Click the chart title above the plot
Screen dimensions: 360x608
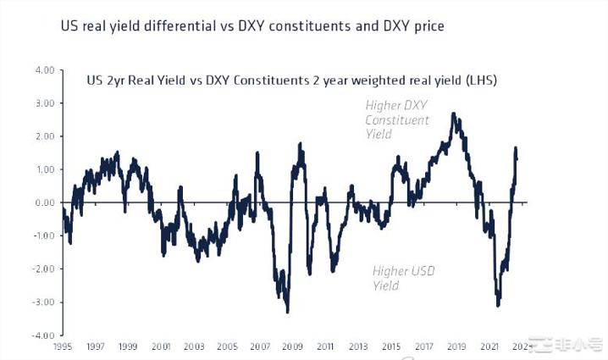(x=252, y=26)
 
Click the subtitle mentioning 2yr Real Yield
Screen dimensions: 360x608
(x=291, y=82)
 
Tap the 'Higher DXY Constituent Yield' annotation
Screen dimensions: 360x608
(x=397, y=119)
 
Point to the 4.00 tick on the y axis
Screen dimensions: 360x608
(x=44, y=69)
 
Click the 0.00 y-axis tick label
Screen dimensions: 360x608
(x=44, y=202)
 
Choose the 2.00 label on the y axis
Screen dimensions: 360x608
(x=44, y=136)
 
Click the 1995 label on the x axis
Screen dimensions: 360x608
(x=62, y=346)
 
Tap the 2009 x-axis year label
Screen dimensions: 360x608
(x=291, y=346)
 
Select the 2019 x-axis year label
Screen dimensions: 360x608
(x=456, y=346)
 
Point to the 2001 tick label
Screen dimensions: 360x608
(x=160, y=346)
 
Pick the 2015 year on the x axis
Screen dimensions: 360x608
(x=390, y=346)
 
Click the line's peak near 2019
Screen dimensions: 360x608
(x=454, y=114)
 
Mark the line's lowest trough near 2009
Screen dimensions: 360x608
(x=288, y=312)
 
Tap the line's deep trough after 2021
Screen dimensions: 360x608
(x=498, y=305)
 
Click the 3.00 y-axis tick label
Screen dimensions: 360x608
(x=44, y=102)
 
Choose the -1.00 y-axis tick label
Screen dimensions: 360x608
(x=42, y=235)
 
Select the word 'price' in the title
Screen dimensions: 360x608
(x=428, y=27)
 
